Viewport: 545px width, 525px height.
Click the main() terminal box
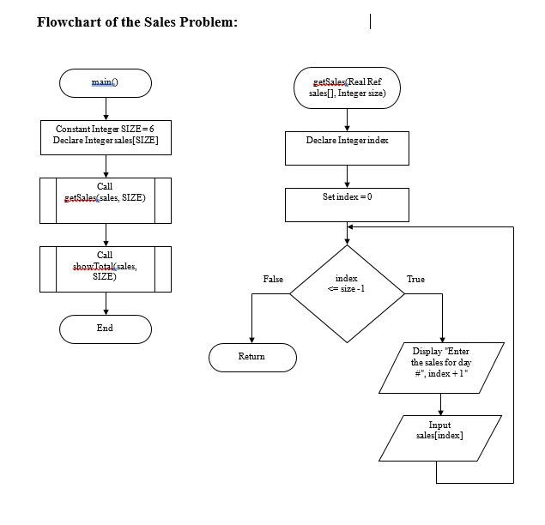pyautogui.click(x=105, y=82)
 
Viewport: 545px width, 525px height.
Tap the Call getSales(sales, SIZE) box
pyautogui.click(x=106, y=199)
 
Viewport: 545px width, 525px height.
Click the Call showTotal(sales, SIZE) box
pyautogui.click(x=106, y=267)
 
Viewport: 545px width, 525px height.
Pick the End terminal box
pyautogui.click(x=105, y=329)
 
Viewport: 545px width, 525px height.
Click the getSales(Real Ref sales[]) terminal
pyautogui.click(x=347, y=87)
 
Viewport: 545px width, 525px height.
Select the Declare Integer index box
pyautogui.click(x=347, y=147)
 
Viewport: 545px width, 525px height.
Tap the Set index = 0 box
pyautogui.click(x=347, y=203)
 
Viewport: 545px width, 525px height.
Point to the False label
pyautogui.click(x=273, y=280)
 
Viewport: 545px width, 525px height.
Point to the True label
pyautogui.click(x=415, y=280)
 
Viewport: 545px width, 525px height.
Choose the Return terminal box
pyautogui.click(x=251, y=357)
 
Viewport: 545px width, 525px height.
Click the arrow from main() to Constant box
pyautogui.click(x=105, y=108)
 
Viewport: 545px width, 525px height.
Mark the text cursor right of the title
pyautogui.click(x=370, y=21)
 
